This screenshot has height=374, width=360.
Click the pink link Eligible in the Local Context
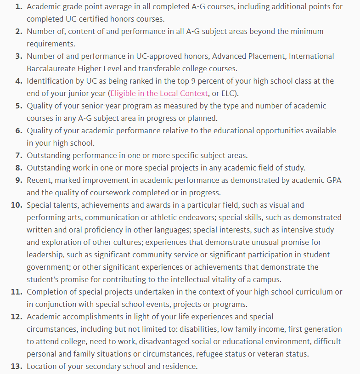pyautogui.click(x=159, y=93)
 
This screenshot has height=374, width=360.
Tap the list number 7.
pyautogui.click(x=18, y=155)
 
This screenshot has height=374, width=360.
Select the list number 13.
pyautogui.click(x=17, y=366)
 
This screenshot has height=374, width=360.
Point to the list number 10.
pyautogui.click(x=17, y=205)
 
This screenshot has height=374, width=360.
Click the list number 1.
pyautogui.click(x=18, y=6)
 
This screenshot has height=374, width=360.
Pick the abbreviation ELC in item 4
pyautogui.click(x=228, y=93)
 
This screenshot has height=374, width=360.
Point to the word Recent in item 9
pyautogui.click(x=40, y=180)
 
